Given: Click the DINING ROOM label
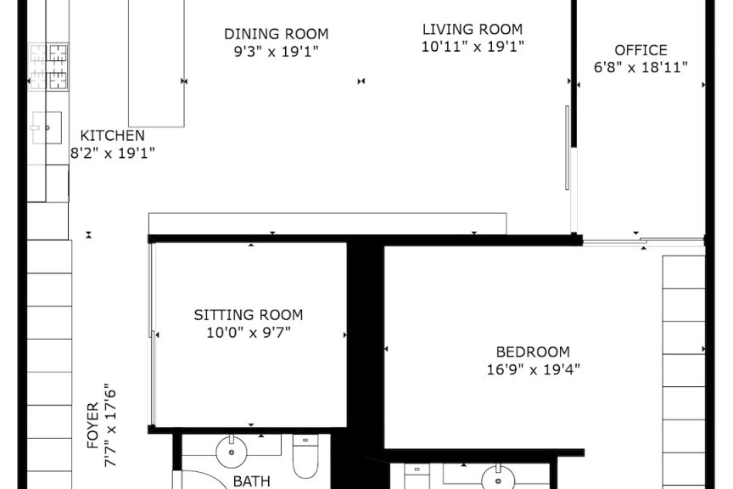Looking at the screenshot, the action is (x=277, y=34).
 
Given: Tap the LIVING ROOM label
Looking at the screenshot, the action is (x=473, y=29).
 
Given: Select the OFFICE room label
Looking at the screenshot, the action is (x=641, y=50).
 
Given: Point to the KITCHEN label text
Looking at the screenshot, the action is (x=112, y=136).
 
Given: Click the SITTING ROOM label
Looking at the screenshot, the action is (x=249, y=315).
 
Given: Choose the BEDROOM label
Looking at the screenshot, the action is (x=533, y=351).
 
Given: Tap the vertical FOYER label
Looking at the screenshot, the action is (x=93, y=425).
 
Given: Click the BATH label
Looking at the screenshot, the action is (x=251, y=481).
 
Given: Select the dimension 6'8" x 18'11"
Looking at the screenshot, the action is (x=641, y=67).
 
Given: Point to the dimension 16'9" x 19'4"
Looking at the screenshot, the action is (x=533, y=369).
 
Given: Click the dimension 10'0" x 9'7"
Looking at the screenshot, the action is (x=249, y=333).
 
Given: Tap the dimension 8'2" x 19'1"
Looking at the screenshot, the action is (x=112, y=153).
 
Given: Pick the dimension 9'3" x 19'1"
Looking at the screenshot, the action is (x=277, y=51).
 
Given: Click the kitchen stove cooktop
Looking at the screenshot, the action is (x=48, y=66).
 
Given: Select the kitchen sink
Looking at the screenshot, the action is (x=47, y=127).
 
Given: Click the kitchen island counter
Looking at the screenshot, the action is (x=157, y=63).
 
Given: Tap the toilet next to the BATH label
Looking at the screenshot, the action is (x=305, y=456).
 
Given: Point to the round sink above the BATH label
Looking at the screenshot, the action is (x=232, y=452).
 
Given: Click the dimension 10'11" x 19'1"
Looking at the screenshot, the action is (x=473, y=47).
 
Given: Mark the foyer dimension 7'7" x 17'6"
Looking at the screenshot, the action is (x=109, y=425).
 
